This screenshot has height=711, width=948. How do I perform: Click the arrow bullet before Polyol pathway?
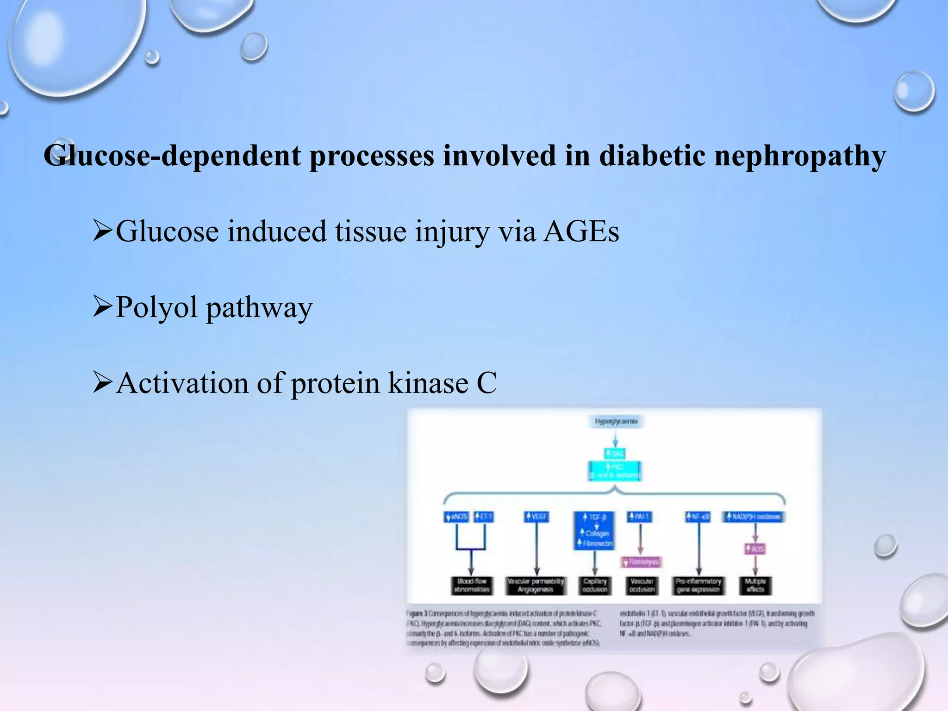pyautogui.click(x=102, y=307)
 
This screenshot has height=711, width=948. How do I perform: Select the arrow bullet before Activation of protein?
pyautogui.click(x=102, y=383)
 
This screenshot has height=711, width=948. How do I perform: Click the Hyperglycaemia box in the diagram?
pyautogui.click(x=616, y=422)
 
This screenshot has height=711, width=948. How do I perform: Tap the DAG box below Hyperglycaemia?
pyautogui.click(x=615, y=453)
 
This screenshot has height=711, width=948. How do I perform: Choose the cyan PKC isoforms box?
pyautogui.click(x=615, y=471)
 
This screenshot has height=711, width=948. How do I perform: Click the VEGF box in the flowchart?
pyautogui.click(x=536, y=517)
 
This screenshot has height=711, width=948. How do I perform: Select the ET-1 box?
pyautogui.click(x=484, y=517)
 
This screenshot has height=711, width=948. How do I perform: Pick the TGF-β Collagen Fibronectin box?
pyautogui.click(x=594, y=530)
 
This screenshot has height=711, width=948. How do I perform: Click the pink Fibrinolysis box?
pyautogui.click(x=641, y=562)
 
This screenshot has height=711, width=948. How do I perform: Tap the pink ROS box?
pyautogui.click(x=755, y=549)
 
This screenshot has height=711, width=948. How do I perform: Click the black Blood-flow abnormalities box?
pyautogui.click(x=471, y=586)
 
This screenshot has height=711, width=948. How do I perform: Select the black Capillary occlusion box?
pyautogui.click(x=595, y=586)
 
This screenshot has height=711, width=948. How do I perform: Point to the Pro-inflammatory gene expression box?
pyautogui.click(x=698, y=586)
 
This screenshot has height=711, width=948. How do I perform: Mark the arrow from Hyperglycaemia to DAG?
pyautogui.click(x=615, y=437)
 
